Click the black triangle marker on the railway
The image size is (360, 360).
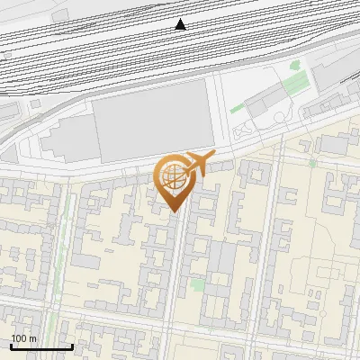pos(181,24)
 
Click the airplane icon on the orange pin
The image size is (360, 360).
pos(200,164)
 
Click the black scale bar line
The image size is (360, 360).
pos(40,347)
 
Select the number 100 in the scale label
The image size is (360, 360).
pos(20,338)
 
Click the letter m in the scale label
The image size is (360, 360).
pos(33,338)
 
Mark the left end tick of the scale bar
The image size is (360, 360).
pos(10,346)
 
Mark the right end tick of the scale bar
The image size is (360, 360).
pos(72,346)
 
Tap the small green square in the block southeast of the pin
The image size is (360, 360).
pos(197,285)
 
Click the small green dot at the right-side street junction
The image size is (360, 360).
pos(312,164)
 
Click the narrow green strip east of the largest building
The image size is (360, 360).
pos(237,109)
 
